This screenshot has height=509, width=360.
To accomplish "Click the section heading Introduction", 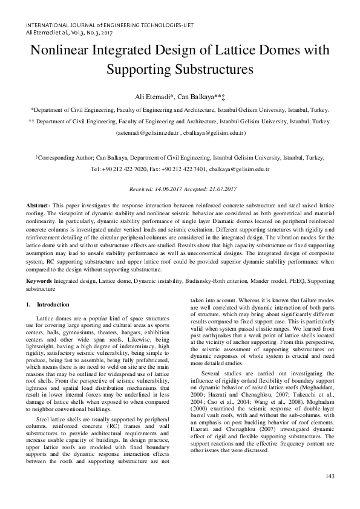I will point(53,304).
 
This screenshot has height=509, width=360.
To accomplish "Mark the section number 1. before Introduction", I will point(29,304).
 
